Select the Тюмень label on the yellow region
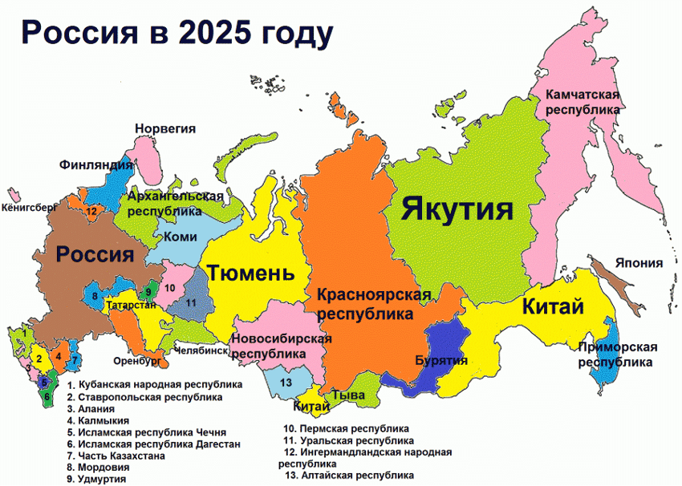(251, 273)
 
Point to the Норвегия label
(165, 128)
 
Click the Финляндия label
(95, 165)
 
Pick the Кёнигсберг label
(30, 206)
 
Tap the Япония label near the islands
(639, 263)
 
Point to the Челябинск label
(201, 350)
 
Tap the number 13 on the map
(286, 383)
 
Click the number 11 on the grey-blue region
(191, 303)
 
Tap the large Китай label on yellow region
(552, 306)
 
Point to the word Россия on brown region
(94, 255)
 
